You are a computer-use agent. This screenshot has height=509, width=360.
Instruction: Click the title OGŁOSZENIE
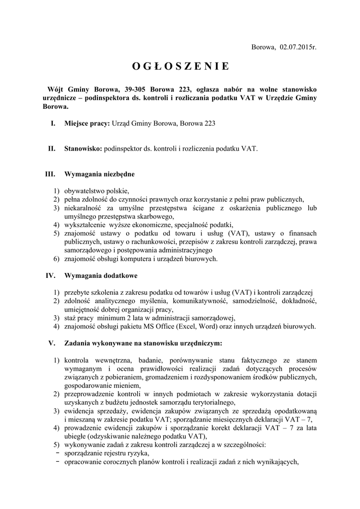tap(180, 66)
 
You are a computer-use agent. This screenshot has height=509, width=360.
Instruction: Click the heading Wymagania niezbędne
tap(99, 174)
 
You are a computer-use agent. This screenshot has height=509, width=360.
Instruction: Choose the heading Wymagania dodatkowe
tap(101, 275)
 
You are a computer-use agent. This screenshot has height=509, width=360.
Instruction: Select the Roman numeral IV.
tap(50, 275)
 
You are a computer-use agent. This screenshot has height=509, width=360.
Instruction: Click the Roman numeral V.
tap(52, 343)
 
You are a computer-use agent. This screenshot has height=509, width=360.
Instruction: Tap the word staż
tap(70, 318)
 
